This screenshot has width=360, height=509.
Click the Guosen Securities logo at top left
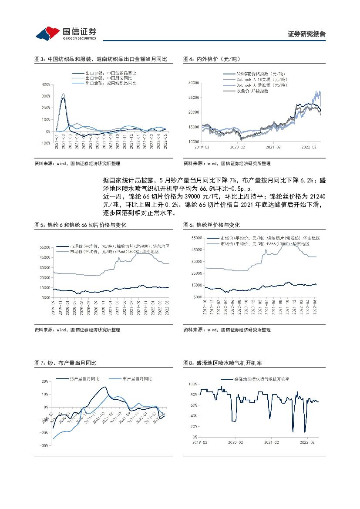tap(66, 33)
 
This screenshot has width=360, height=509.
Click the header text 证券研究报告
tap(307, 34)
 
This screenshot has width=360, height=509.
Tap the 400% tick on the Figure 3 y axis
tap(45, 84)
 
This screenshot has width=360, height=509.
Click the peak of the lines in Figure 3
tap(63, 95)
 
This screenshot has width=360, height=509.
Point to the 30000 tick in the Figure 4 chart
tap(192, 82)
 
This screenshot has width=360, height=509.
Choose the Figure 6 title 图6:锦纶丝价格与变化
tap(212, 225)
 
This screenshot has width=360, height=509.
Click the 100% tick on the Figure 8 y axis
tap(193, 384)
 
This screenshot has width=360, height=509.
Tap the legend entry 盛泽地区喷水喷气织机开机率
tap(261, 379)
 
